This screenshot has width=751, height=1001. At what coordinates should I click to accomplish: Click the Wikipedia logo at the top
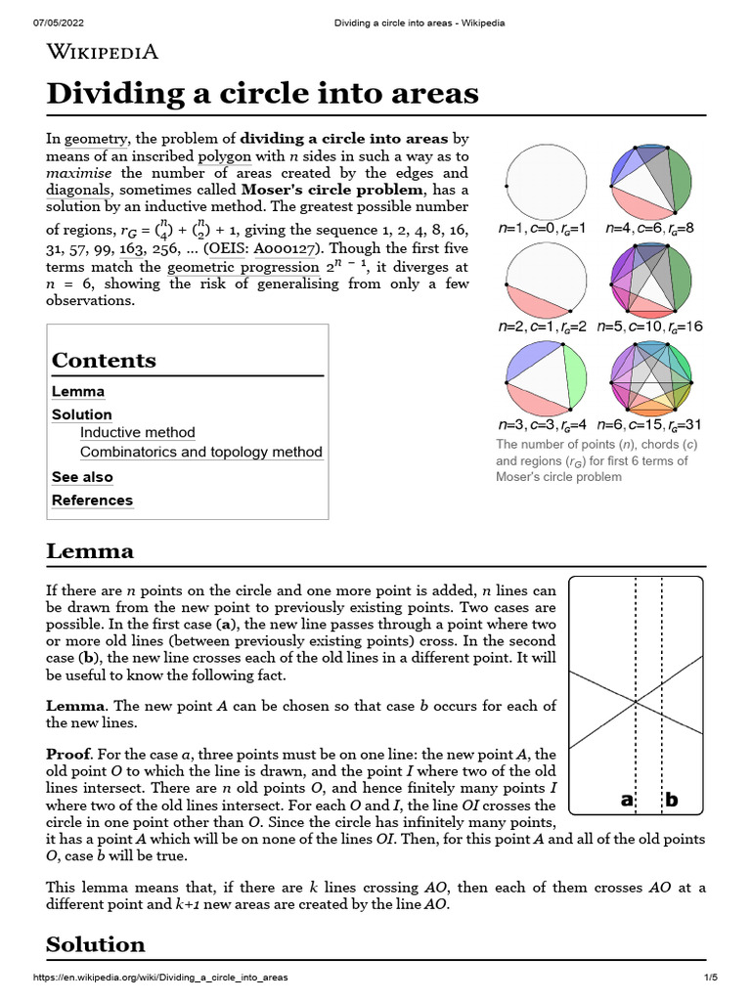pyautogui.click(x=103, y=52)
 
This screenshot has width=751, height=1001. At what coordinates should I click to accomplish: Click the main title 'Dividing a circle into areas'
pyautogui.click(x=263, y=94)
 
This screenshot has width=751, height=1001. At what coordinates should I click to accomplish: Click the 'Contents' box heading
pyautogui.click(x=104, y=360)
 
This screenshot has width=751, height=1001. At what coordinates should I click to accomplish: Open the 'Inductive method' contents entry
pyautogui.click(x=137, y=432)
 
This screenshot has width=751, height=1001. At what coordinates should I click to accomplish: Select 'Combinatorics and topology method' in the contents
pyautogui.click(x=200, y=452)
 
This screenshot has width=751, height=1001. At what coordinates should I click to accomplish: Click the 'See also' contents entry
pyautogui.click(x=82, y=477)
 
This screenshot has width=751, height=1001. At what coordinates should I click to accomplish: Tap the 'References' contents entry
pyautogui.click(x=92, y=500)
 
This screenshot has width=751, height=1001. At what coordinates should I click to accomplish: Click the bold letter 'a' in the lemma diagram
pyautogui.click(x=627, y=800)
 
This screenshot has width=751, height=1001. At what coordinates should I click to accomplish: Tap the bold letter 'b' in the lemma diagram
pyautogui.click(x=672, y=800)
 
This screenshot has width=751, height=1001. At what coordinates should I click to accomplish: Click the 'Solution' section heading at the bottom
pyautogui.click(x=96, y=944)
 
